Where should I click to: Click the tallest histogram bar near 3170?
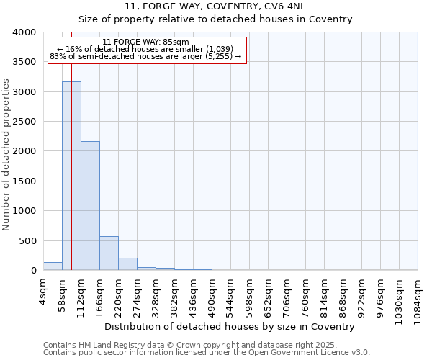click(x=71, y=176)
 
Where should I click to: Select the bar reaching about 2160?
click(x=90, y=206)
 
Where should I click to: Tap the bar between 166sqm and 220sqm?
click(x=109, y=253)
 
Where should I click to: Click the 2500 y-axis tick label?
click(x=24, y=122)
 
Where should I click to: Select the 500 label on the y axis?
click(x=29, y=241)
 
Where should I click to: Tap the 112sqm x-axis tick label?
click(x=81, y=293)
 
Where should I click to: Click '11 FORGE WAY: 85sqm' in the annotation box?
click(x=146, y=42)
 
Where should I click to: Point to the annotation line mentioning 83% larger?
click(x=146, y=56)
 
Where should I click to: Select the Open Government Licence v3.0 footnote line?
click(x=206, y=352)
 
